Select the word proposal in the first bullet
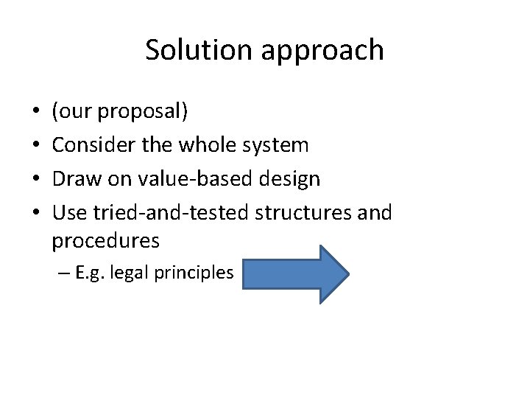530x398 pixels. pos(144,113)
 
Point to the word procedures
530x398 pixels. pos(106,241)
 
